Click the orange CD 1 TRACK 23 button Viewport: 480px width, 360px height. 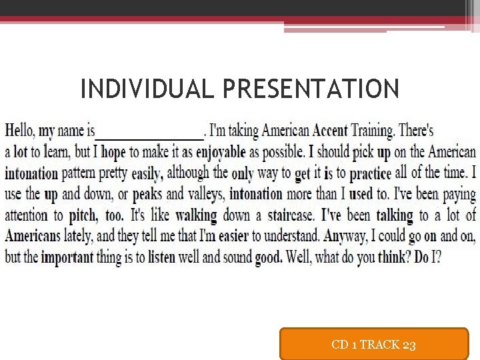pos(373,344)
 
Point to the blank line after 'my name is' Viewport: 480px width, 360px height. pos(149,132)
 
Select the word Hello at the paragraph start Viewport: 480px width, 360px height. pos(19,131)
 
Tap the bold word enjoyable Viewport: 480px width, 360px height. pos(221,152)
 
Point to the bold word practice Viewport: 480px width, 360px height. pos(370,173)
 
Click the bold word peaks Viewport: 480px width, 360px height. pos(147,195)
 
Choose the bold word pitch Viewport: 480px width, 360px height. pos(83,216)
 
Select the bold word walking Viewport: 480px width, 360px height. pos(196,216)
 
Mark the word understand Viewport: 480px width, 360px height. pos(287,237)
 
